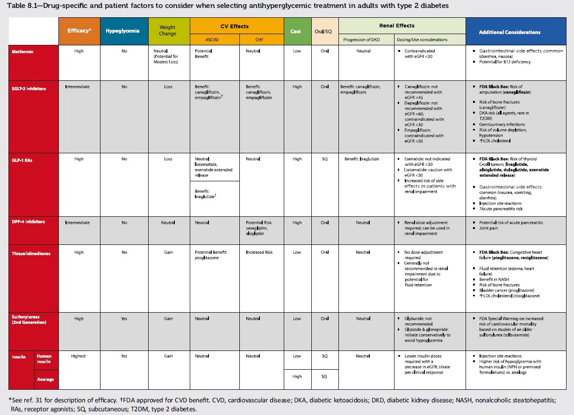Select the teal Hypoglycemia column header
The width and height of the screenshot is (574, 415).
point(122,31)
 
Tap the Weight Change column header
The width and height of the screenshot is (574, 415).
point(168,31)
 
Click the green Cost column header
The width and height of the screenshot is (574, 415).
point(295,31)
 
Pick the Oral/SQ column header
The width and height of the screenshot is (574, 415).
point(324,31)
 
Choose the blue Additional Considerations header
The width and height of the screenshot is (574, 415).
point(509,32)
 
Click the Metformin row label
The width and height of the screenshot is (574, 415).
point(22,51)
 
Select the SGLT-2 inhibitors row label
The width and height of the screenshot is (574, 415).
point(29,89)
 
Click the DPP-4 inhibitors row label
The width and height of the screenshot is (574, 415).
point(29,222)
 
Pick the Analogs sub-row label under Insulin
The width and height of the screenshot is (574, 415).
point(45,379)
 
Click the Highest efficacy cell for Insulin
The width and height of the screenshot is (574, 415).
point(79,356)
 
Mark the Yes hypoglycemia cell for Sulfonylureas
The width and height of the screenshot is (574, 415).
point(124,319)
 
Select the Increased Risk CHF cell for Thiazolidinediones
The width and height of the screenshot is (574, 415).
point(259,252)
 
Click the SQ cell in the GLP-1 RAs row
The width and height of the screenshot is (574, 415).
point(324,159)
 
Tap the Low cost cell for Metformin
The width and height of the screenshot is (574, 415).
point(297,51)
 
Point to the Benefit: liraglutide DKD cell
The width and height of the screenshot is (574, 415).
point(362,159)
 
